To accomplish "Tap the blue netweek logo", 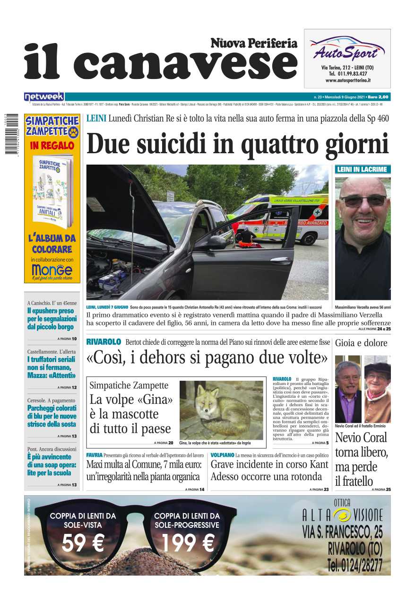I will point(44,97).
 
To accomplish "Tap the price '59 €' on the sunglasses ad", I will point(83,542).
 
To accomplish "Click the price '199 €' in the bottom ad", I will point(188,542).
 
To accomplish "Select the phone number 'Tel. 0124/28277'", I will point(354,565).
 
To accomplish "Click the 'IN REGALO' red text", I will point(52,146).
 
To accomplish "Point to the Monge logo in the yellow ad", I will point(52,270).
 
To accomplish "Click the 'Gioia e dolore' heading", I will point(361,343).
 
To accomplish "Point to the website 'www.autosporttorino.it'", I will point(347,80).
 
